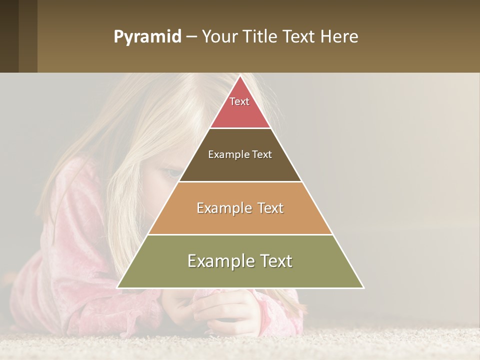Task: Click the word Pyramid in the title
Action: pyautogui.click(x=147, y=37)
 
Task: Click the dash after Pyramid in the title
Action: pyautogui.click(x=191, y=37)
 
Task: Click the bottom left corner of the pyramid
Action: pyautogui.click(x=118, y=287)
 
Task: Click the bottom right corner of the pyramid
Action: pyautogui.click(x=363, y=287)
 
